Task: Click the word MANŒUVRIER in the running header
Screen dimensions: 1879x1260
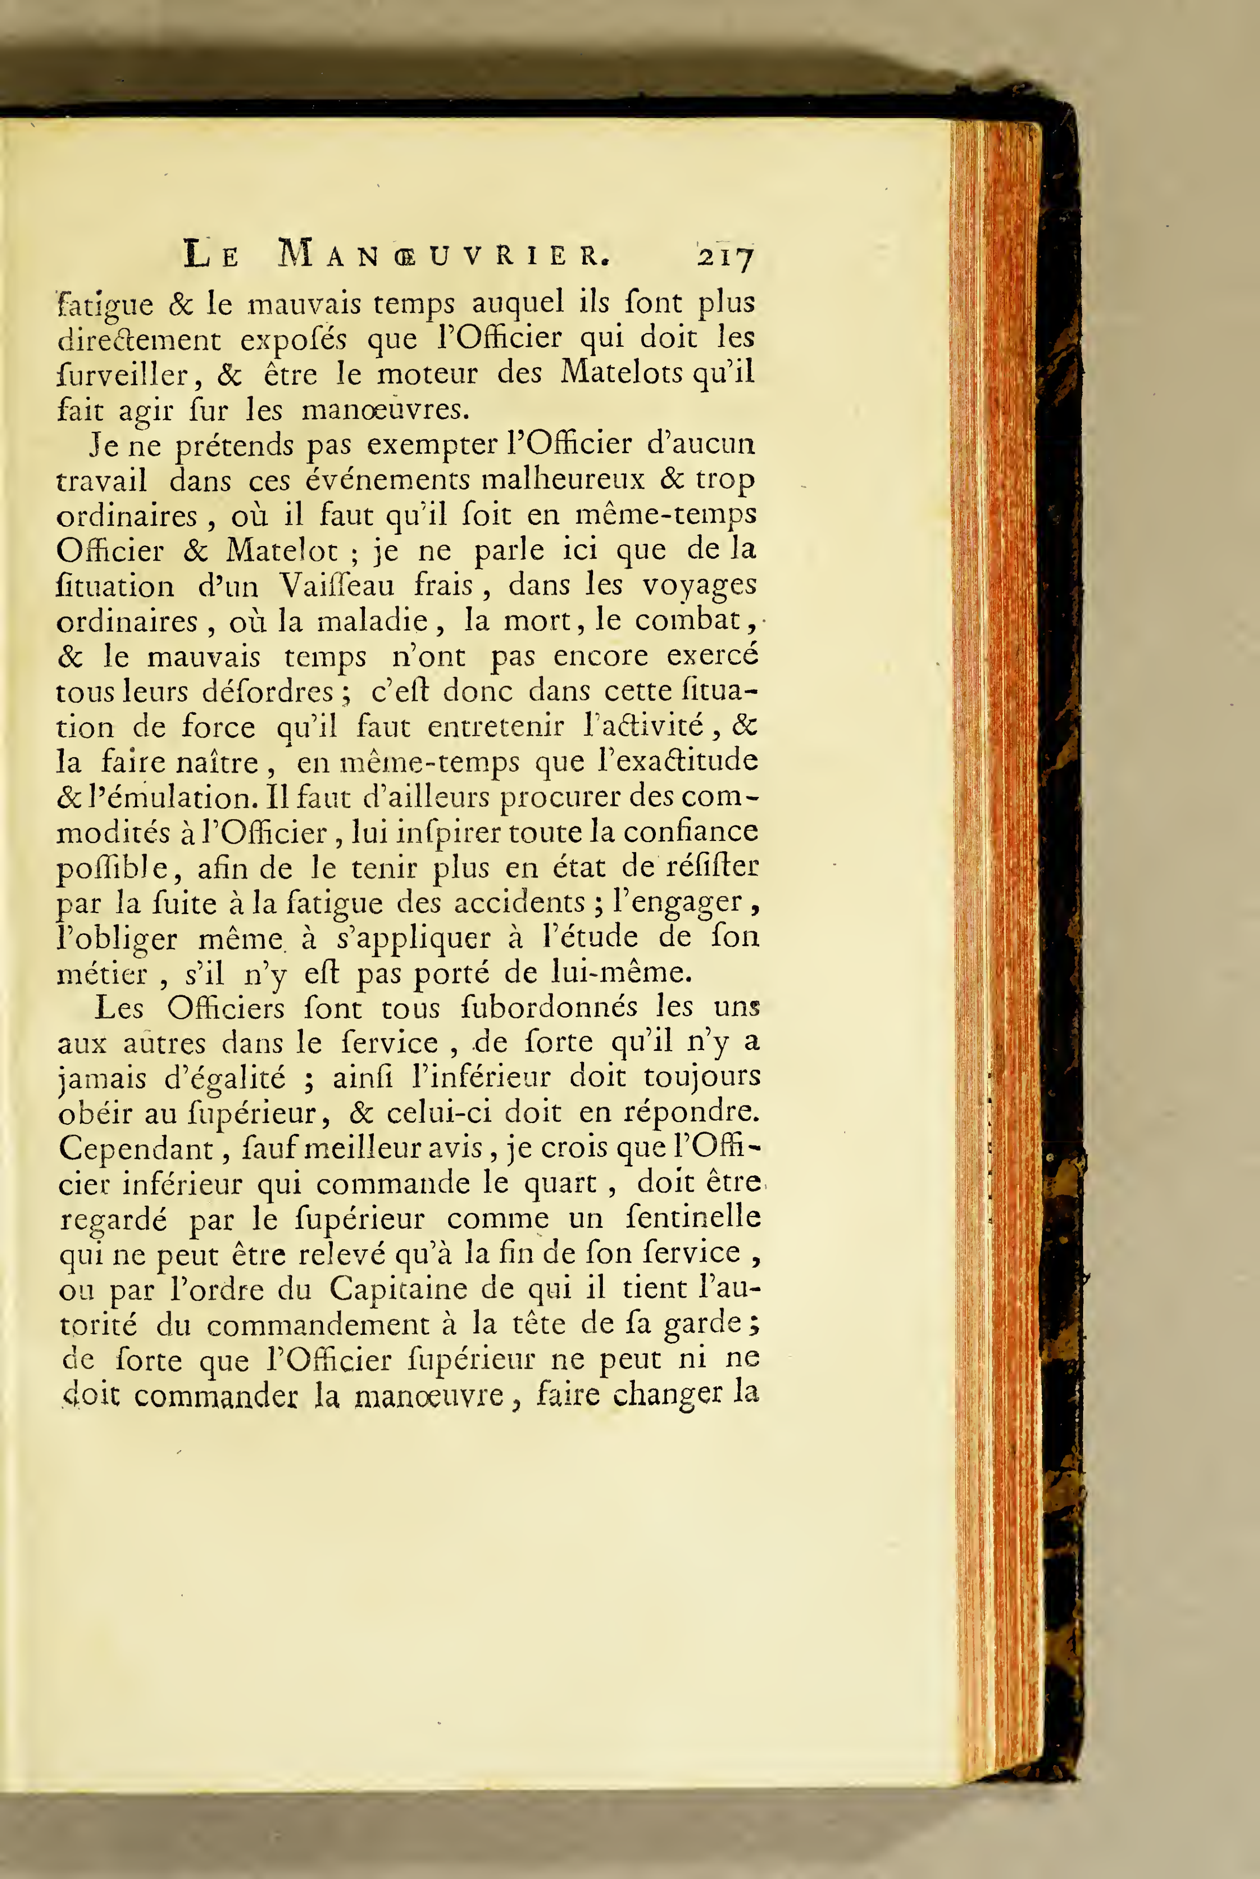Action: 444,255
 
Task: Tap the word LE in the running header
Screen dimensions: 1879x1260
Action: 211,255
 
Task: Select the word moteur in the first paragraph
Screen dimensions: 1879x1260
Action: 428,374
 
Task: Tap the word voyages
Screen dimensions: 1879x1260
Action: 699,587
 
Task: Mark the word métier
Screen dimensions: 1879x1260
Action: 102,974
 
